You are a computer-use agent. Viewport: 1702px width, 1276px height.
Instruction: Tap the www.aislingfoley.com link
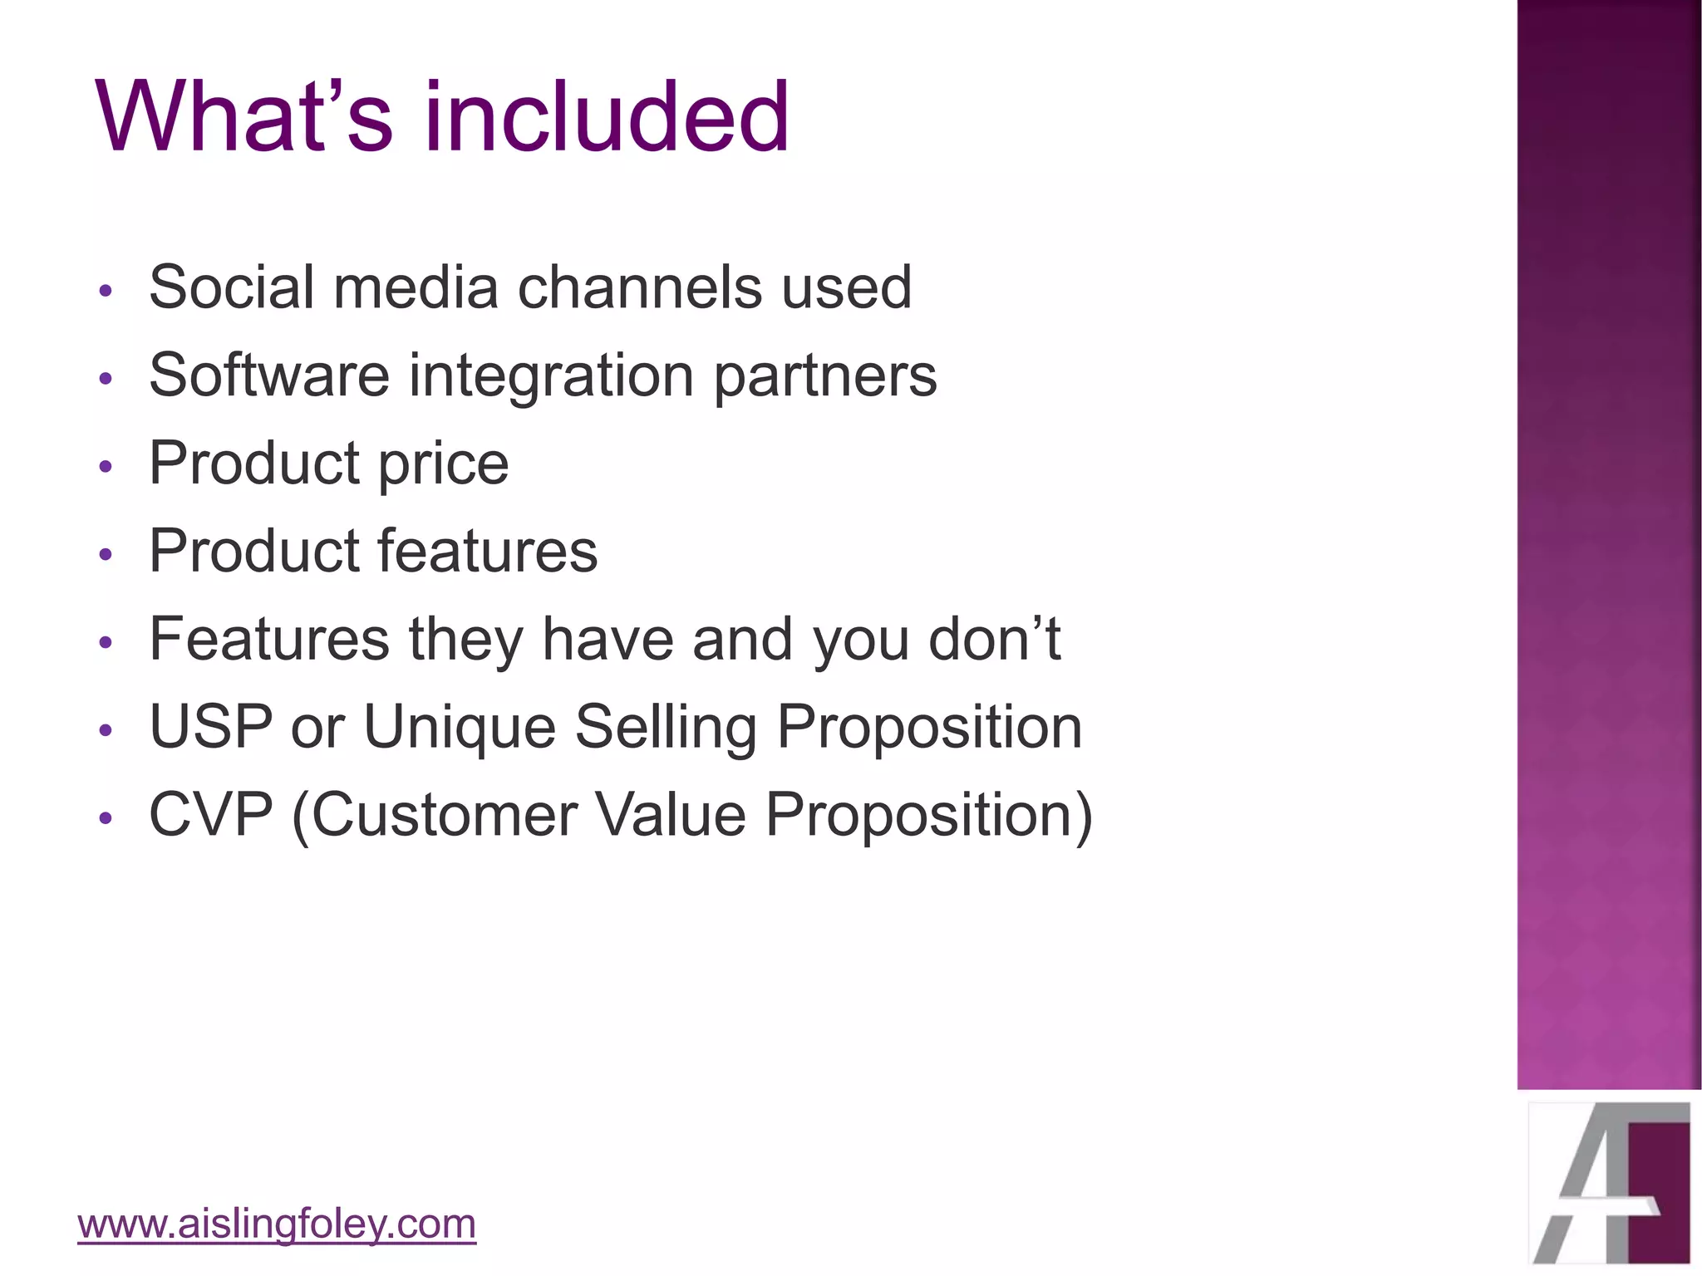point(277,1224)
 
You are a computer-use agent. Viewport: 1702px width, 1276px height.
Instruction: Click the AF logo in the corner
point(1610,1183)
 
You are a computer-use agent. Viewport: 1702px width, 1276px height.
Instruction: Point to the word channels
point(639,287)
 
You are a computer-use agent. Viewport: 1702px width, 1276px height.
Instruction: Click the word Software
point(268,375)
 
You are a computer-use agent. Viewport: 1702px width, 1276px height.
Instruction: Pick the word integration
point(552,375)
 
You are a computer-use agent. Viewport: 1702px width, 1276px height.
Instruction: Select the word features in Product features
point(487,552)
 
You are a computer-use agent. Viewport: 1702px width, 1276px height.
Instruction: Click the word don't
point(994,640)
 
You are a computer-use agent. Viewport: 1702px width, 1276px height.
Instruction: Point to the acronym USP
point(211,728)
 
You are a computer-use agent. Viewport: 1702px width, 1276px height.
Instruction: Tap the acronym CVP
point(211,815)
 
